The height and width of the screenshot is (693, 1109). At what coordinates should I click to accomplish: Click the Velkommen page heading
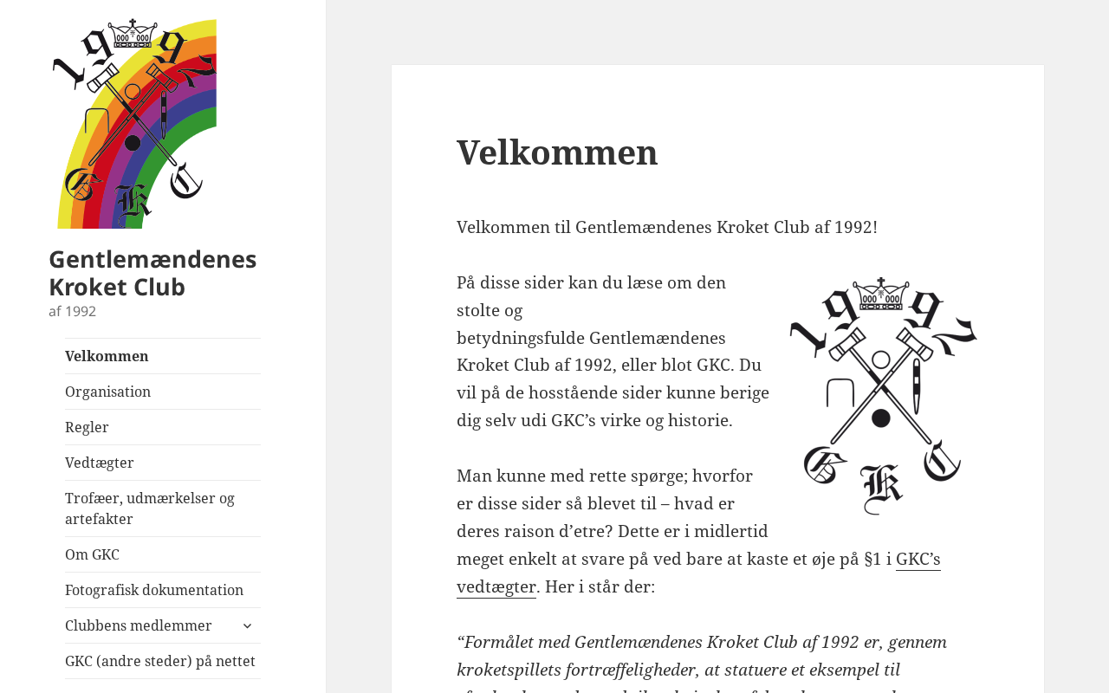click(557, 152)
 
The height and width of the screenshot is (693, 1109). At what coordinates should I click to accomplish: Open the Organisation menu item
click(107, 392)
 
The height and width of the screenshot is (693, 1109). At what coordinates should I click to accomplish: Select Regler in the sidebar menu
click(87, 427)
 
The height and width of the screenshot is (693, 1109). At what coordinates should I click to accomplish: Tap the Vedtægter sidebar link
click(99, 463)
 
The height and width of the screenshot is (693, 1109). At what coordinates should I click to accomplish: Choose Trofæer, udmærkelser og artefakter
click(149, 508)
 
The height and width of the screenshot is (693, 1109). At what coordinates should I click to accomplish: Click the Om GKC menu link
click(92, 554)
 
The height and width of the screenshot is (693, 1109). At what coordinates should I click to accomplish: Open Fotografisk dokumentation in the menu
click(154, 590)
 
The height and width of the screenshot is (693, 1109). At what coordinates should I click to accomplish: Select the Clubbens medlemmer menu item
click(138, 625)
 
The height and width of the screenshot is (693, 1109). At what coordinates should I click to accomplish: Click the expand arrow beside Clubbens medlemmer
click(247, 625)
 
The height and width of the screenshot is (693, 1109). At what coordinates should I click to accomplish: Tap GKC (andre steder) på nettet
click(160, 661)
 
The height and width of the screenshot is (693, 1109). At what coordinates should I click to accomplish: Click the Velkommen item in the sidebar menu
click(107, 356)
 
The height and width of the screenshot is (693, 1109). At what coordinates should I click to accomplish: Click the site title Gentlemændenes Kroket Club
click(152, 273)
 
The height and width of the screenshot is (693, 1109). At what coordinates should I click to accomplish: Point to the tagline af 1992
click(72, 312)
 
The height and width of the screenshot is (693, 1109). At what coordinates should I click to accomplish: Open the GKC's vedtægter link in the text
click(918, 560)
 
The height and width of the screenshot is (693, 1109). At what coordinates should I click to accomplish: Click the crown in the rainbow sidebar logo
click(133, 33)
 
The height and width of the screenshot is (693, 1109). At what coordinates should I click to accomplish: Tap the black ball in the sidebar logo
click(133, 143)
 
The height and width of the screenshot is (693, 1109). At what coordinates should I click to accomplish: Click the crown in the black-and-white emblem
click(881, 294)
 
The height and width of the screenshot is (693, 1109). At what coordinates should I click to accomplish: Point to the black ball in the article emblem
click(881, 418)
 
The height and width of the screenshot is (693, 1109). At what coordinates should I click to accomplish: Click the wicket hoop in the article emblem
click(840, 394)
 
